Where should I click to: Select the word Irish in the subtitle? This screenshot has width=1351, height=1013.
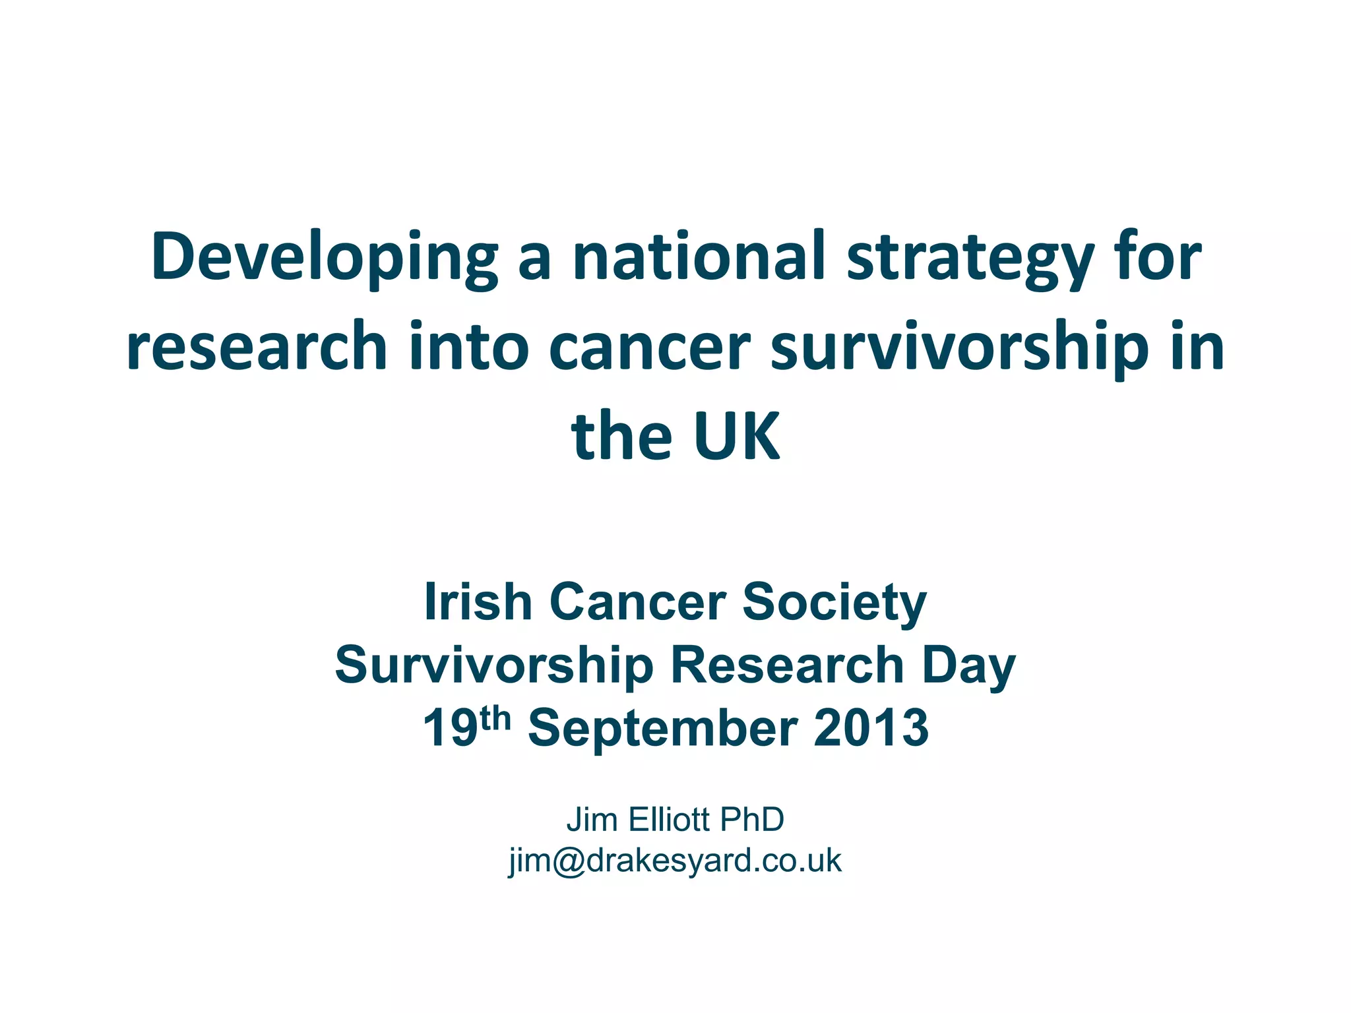click(x=478, y=601)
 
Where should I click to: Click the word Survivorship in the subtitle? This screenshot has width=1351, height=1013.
click(x=494, y=665)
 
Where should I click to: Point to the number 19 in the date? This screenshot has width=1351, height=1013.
click(x=450, y=728)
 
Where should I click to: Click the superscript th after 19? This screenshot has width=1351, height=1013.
click(x=495, y=718)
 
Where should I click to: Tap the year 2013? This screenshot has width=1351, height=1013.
click(x=871, y=728)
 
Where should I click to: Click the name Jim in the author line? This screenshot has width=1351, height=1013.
click(x=592, y=820)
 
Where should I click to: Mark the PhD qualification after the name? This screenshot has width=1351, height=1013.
click(x=752, y=820)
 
